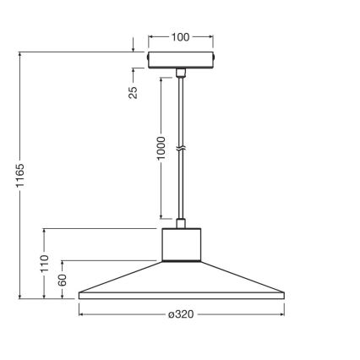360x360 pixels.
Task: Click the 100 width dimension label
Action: click(180, 38)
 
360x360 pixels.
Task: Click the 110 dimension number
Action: click(45, 263)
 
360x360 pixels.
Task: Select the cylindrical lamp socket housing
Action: click(180, 245)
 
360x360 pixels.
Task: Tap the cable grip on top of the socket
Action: click(180, 223)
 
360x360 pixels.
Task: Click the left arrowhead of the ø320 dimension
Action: click(82, 314)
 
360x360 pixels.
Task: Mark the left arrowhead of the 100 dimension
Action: click(150, 38)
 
